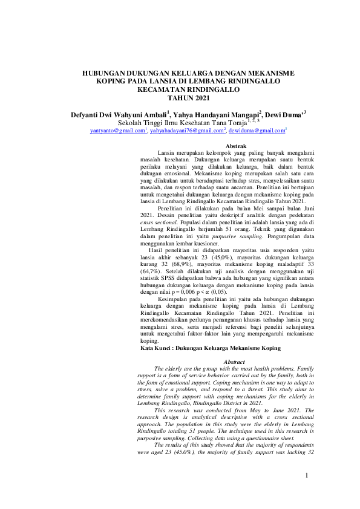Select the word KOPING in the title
112,81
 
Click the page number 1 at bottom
307,476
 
